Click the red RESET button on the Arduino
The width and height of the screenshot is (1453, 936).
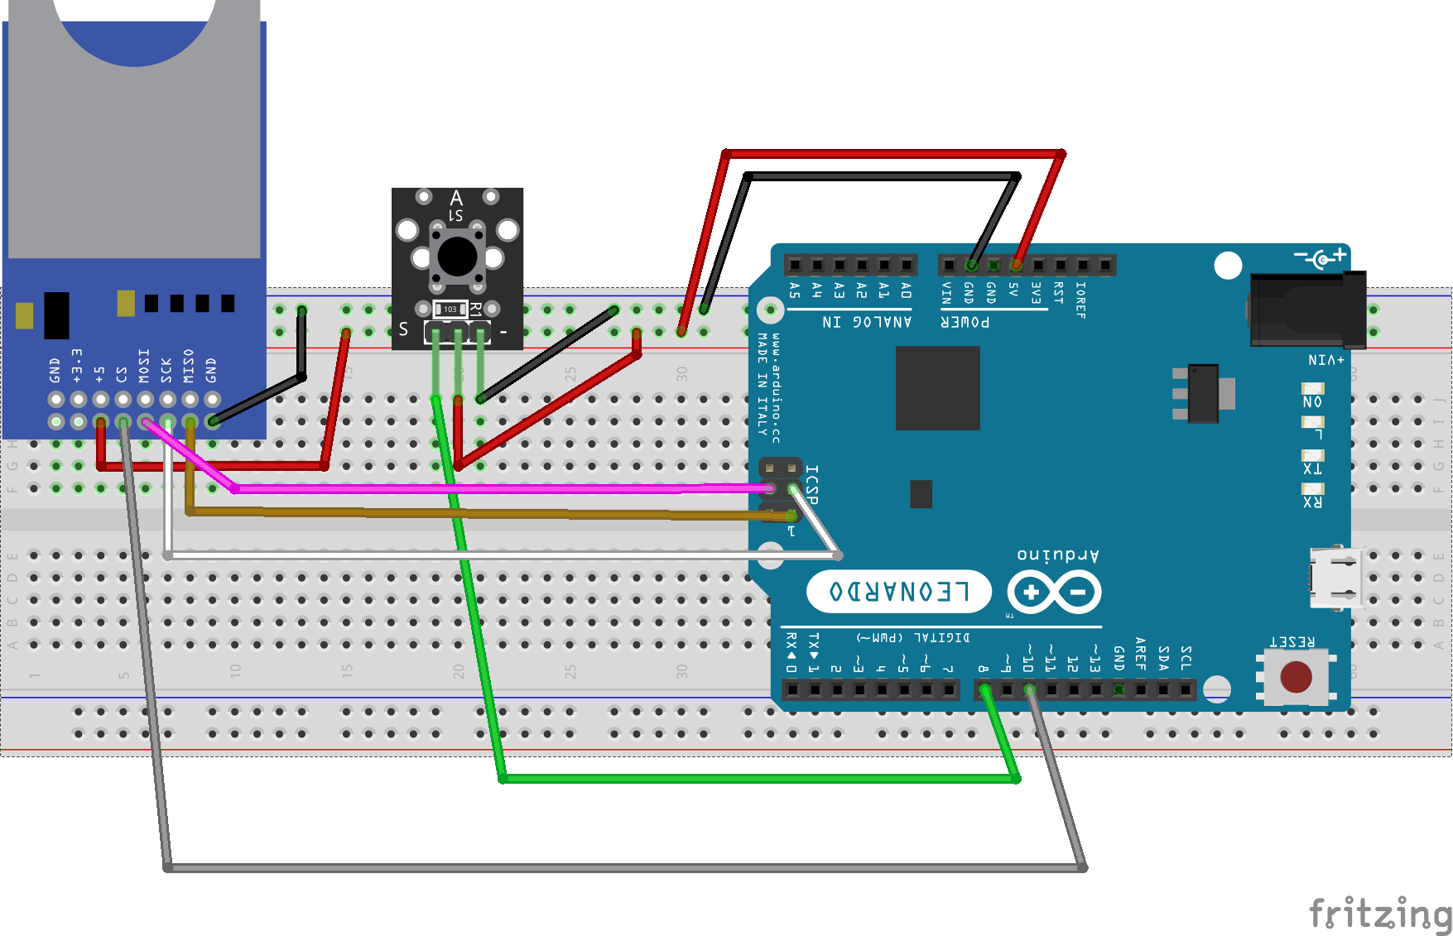pyautogui.click(x=1296, y=677)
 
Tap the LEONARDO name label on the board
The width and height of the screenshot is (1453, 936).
pyautogui.click(x=899, y=592)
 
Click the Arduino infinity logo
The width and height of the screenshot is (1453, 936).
pyautogui.click(x=1054, y=593)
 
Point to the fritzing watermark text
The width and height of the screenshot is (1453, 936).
pyautogui.click(x=1379, y=914)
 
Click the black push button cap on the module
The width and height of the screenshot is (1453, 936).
pyautogui.click(x=457, y=257)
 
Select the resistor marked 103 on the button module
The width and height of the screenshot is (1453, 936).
pyautogui.click(x=450, y=309)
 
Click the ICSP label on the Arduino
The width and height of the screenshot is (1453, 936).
pyautogui.click(x=812, y=484)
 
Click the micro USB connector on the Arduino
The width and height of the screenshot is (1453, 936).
pyautogui.click(x=1335, y=578)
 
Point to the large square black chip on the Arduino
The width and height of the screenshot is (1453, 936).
pyautogui.click(x=937, y=388)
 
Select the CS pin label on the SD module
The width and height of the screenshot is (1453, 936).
pyautogui.click(x=122, y=374)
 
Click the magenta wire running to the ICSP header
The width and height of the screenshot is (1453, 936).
pyautogui.click(x=497, y=489)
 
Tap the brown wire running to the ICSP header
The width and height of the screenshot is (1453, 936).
pyautogui.click(x=497, y=514)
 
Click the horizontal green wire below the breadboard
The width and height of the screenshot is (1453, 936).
pyautogui.click(x=745, y=779)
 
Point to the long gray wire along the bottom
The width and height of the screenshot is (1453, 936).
pyautogui.click(x=621, y=868)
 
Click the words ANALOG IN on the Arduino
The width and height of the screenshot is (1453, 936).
pyautogui.click(x=867, y=322)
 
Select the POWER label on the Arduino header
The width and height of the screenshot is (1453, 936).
pyautogui.click(x=965, y=322)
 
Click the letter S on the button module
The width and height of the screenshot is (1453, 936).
pyautogui.click(x=403, y=329)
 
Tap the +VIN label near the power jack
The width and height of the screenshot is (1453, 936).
pyautogui.click(x=1326, y=360)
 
